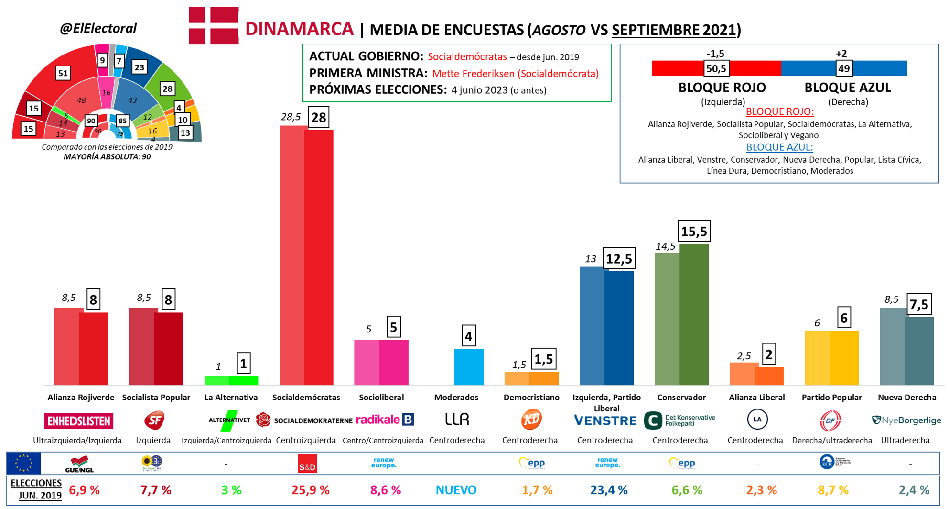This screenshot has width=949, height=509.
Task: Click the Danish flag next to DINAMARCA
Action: [x=214, y=26]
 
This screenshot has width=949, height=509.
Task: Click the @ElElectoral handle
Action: [x=98, y=28]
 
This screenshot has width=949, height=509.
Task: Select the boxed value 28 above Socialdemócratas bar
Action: [x=319, y=117]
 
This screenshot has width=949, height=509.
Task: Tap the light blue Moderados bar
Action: [x=468, y=367]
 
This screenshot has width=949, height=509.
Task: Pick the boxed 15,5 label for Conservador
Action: [x=694, y=232]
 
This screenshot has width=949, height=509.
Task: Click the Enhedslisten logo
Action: [x=79, y=421]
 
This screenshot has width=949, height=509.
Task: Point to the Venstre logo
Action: [x=605, y=421]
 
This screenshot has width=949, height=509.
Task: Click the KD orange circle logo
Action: [x=531, y=420]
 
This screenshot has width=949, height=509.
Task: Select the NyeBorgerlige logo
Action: [x=906, y=420]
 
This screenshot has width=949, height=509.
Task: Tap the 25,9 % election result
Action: [x=310, y=490]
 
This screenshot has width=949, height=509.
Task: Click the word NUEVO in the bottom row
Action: [x=456, y=490]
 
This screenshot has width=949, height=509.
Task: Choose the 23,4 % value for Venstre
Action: [x=608, y=490]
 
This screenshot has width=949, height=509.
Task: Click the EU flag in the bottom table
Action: [x=24, y=463]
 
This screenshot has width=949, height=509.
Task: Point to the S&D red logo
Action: [x=307, y=464]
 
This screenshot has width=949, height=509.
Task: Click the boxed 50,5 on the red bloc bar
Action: [x=716, y=68]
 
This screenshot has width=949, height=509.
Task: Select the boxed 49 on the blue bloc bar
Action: [x=844, y=68]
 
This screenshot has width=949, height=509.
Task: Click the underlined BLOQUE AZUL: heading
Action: [x=779, y=147]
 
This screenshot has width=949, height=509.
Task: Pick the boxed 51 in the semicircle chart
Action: [x=63, y=73]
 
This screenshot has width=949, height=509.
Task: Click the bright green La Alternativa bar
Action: [x=231, y=381]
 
